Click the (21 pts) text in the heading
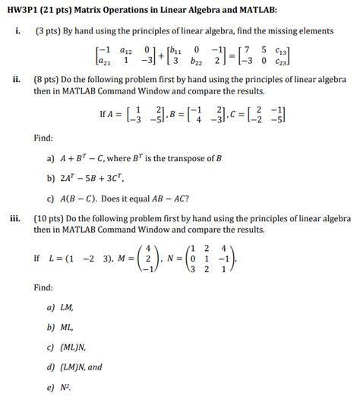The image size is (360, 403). (70, 9)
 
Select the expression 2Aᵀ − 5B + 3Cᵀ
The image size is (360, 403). (96, 180)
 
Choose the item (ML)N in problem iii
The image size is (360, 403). (74, 347)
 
